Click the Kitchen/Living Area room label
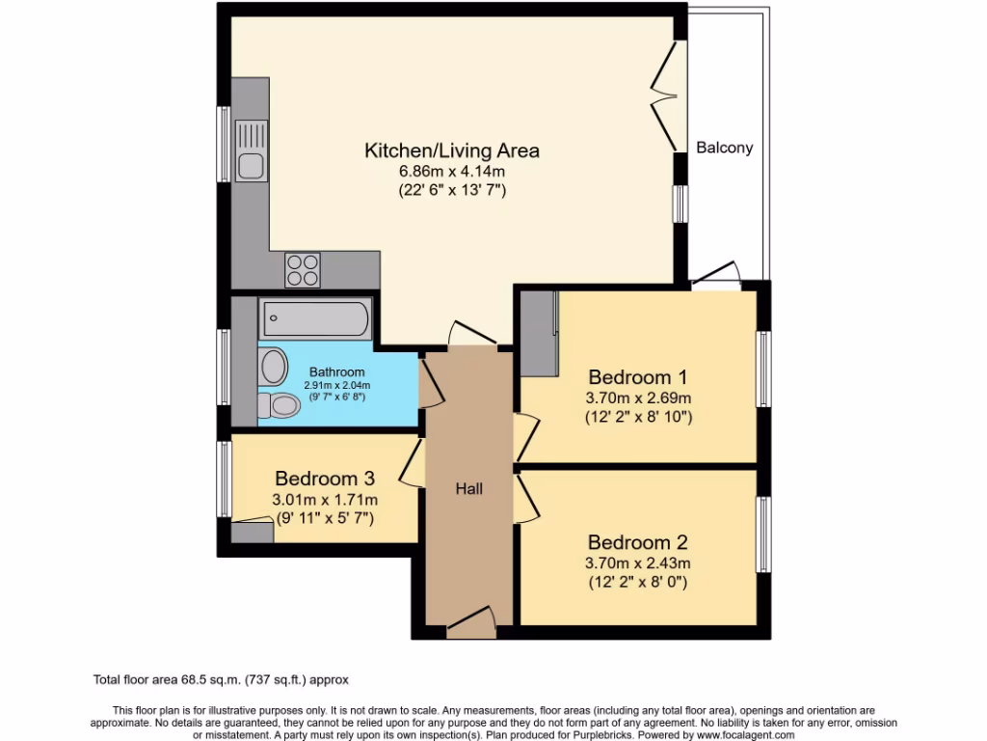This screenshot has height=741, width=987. point(451,151)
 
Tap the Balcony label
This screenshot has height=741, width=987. point(724,149)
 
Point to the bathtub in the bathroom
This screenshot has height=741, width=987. point(314,317)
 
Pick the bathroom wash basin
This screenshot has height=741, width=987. point(273,368)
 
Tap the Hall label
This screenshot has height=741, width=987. point(468,489)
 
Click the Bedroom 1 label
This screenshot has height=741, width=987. point(638,376)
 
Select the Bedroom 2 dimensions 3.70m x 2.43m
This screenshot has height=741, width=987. point(638,563)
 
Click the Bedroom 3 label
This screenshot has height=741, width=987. point(325,479)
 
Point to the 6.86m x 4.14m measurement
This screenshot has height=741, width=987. point(451,172)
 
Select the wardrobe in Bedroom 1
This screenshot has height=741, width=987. point(539,333)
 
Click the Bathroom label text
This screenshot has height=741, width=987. point(336,372)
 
